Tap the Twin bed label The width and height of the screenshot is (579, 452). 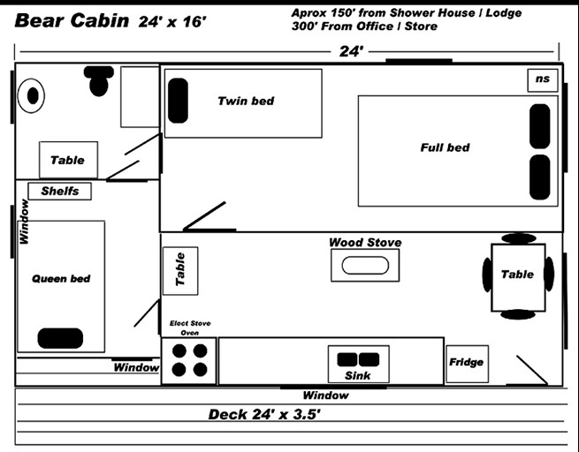pyautogui.click(x=246, y=102)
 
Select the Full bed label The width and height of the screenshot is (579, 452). pyautogui.click(x=445, y=147)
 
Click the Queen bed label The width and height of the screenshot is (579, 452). pyautogui.click(x=61, y=279)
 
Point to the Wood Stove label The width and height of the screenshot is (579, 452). pyautogui.click(x=365, y=242)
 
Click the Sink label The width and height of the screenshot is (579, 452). pyautogui.click(x=358, y=376)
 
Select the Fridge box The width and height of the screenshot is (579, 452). pyautogui.click(x=466, y=363)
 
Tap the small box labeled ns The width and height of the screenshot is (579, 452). pyautogui.click(x=542, y=79)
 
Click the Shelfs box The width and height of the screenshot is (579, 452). pyautogui.click(x=59, y=191)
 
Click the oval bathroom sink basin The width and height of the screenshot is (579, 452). pyautogui.click(x=33, y=94)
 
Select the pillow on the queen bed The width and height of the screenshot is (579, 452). pyautogui.click(x=61, y=338)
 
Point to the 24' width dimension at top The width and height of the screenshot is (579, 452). pyautogui.click(x=351, y=52)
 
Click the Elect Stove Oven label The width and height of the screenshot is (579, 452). pyautogui.click(x=190, y=328)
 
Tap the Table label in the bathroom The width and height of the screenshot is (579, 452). pyautogui.click(x=67, y=160)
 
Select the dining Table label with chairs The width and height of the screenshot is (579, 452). pyautogui.click(x=517, y=275)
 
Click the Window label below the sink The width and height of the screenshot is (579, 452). pyautogui.click(x=325, y=395)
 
